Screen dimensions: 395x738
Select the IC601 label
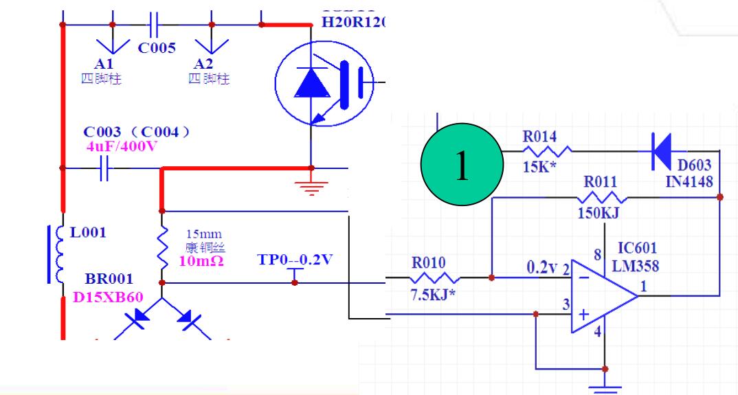pyautogui.click(x=636, y=247)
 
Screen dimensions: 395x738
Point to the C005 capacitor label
pyautogui.click(x=157, y=47)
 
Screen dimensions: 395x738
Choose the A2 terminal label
pyautogui.click(x=203, y=63)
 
